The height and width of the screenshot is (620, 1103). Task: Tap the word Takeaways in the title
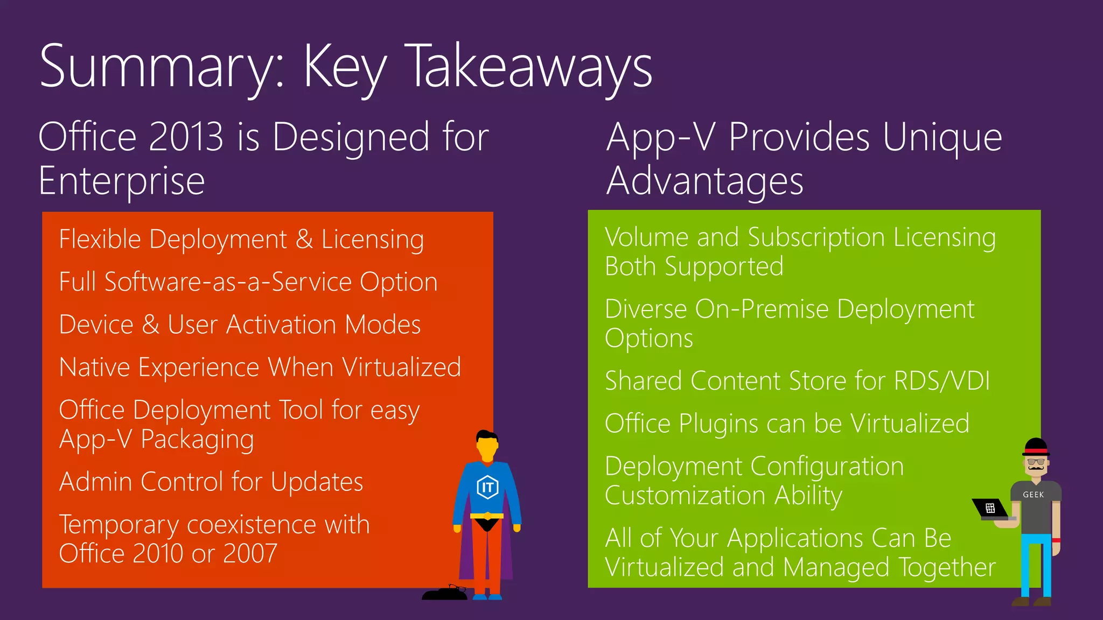point(530,67)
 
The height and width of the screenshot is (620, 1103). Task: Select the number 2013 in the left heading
point(185,137)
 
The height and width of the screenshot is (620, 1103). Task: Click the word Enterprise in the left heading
point(122,181)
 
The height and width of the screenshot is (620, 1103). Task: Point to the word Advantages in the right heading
point(704,181)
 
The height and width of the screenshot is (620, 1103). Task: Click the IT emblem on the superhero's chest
point(487,487)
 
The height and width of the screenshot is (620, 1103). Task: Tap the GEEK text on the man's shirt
point(1034,495)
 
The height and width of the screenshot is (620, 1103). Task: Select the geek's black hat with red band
point(1036,447)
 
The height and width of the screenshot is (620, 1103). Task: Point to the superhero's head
point(487,444)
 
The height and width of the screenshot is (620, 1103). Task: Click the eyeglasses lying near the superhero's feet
point(458,588)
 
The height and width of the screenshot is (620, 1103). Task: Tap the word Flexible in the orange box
point(100,239)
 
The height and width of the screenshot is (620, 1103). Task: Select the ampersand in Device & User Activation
point(150,325)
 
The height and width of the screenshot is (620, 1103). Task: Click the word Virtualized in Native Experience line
point(402,367)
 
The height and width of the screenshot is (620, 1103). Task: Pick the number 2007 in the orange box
point(250,553)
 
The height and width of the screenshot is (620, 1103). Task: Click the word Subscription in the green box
point(816,237)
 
